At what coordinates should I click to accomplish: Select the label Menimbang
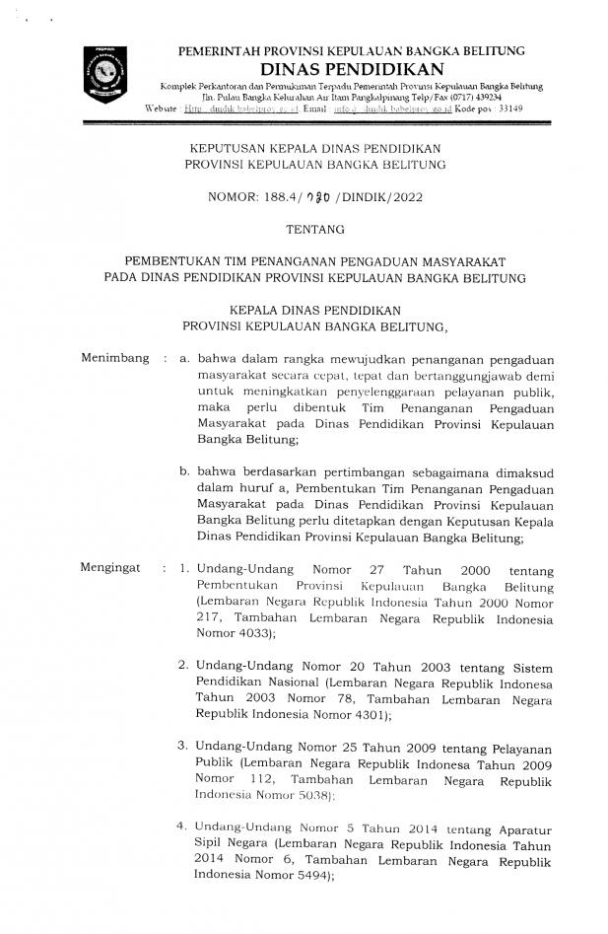coord(114,359)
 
